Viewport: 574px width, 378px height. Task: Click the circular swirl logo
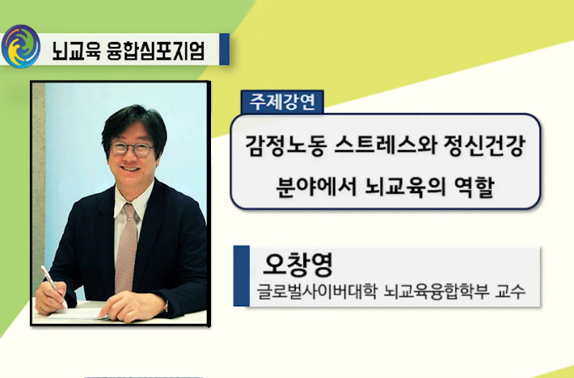[20, 46]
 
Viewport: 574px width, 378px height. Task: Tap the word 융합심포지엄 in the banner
[155, 50]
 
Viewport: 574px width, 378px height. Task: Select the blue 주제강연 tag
[282, 102]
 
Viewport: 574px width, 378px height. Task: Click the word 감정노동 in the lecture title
[286, 145]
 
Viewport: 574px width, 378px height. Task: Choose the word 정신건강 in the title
[485, 145]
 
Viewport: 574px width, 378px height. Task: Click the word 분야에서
[316, 187]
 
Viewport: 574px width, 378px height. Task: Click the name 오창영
[298, 264]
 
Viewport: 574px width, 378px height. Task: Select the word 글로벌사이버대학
[317, 292]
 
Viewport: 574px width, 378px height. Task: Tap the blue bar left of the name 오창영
[242, 275]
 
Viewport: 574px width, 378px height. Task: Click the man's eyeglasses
[132, 149]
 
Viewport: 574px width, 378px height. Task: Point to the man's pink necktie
[125, 248]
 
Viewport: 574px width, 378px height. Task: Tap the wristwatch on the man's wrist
[166, 305]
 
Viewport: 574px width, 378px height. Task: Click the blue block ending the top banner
[225, 49]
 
